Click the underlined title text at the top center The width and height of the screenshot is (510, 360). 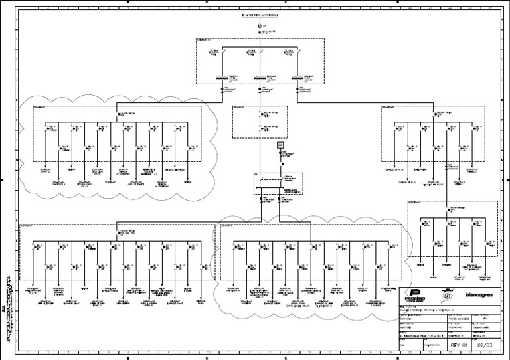click(x=260, y=14)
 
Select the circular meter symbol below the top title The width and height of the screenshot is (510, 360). click(x=260, y=26)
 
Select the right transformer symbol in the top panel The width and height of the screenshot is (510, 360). click(x=297, y=78)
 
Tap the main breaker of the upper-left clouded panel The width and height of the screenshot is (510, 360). click(x=118, y=114)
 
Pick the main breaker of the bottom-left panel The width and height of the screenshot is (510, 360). click(x=118, y=232)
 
